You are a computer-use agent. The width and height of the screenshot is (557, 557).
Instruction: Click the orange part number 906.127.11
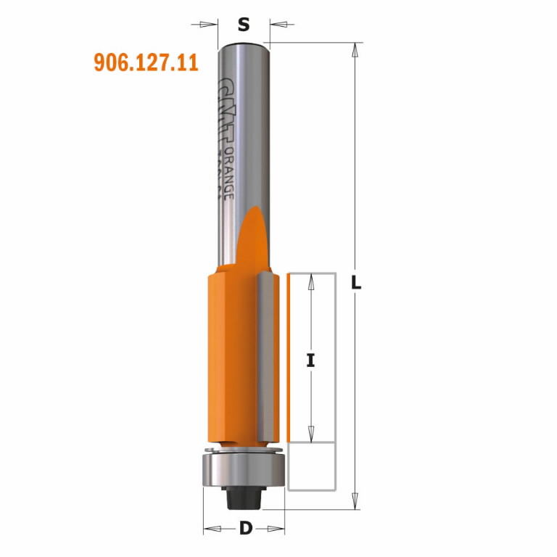(146, 63)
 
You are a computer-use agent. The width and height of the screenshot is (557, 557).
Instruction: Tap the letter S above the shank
(244, 25)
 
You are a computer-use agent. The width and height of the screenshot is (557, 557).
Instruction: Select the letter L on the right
(356, 284)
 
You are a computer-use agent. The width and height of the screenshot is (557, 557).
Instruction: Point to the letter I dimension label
(310, 359)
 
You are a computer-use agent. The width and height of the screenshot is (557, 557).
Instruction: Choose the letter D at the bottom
(245, 528)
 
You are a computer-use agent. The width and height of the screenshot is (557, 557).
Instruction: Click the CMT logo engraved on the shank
(226, 106)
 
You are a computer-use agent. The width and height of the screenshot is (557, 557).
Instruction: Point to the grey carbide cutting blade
(268, 355)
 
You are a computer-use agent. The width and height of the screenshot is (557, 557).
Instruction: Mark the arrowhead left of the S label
(213, 25)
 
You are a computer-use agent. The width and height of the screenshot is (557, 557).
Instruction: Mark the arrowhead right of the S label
(276, 25)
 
